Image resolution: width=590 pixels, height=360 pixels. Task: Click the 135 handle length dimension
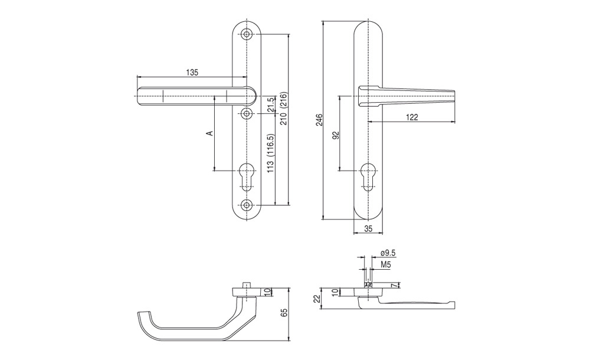coord(192,73)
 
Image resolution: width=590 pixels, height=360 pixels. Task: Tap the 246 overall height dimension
coord(319,119)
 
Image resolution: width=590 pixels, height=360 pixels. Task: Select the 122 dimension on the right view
coord(412,117)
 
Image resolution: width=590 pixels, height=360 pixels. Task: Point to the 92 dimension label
coord(336,135)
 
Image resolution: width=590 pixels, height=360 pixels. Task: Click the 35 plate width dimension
coord(368,228)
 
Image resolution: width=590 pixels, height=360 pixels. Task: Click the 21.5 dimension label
coord(270,105)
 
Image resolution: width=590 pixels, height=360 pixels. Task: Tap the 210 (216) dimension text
coord(284,109)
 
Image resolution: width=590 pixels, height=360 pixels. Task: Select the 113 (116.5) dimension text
coord(270,153)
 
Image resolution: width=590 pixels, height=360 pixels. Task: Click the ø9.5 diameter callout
coord(388,253)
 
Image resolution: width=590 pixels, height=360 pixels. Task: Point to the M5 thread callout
coord(385,265)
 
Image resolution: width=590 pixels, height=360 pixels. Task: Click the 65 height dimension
coord(284,313)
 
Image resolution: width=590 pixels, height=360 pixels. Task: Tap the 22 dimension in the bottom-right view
coord(317,299)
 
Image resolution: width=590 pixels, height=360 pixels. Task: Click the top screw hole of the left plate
coord(247,34)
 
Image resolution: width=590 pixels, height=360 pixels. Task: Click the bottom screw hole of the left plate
coord(247,205)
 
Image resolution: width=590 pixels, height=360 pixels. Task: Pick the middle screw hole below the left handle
coord(247,113)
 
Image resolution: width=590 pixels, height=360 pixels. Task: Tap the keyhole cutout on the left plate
coord(247,176)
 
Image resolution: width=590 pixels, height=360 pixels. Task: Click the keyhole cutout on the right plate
coord(368,176)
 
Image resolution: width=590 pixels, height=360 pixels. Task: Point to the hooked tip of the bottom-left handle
coord(141,317)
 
